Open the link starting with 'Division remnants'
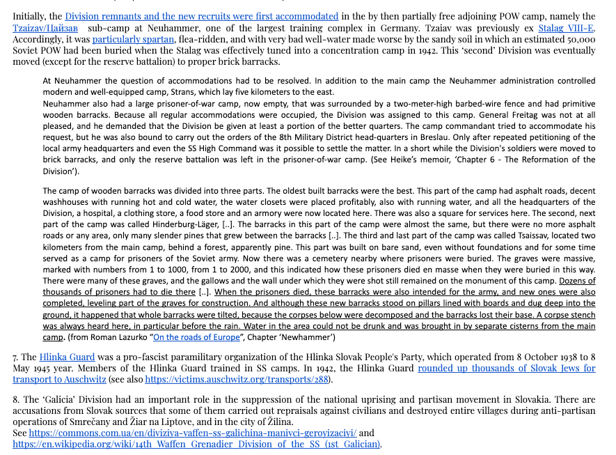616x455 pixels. (x=202, y=16)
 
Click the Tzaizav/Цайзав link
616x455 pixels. (x=45, y=28)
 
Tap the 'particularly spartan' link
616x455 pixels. (x=133, y=39)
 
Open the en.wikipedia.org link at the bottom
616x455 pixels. (x=196, y=444)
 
